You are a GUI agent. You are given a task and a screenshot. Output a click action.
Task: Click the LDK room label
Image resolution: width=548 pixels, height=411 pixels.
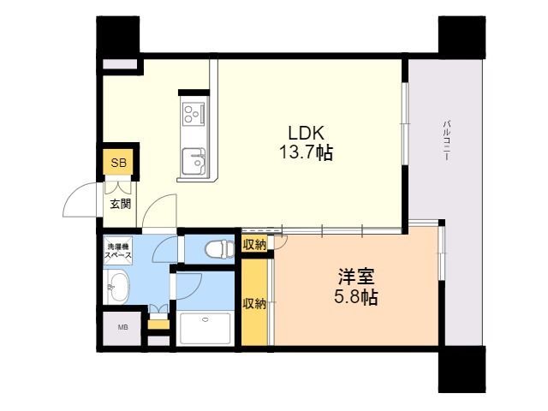[307, 133]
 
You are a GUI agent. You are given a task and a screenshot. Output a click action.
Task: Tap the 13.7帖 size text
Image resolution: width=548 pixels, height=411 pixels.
[306, 152]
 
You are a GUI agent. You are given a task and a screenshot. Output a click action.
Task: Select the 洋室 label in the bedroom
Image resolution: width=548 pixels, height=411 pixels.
[356, 277]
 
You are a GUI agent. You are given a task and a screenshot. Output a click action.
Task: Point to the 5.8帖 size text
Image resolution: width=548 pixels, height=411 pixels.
[356, 297]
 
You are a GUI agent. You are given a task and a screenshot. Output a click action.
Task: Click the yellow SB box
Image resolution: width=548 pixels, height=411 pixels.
[118, 163]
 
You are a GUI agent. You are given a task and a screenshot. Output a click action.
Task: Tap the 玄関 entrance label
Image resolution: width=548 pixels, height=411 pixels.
[121, 204]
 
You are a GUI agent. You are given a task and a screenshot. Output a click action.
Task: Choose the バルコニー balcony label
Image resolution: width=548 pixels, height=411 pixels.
[445, 140]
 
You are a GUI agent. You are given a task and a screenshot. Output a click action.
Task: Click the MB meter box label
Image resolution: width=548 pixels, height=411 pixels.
[122, 327]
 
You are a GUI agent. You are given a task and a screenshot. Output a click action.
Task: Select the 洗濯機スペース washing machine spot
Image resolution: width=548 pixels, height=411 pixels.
[118, 250]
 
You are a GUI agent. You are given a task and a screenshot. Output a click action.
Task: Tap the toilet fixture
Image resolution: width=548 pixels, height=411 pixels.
[219, 249]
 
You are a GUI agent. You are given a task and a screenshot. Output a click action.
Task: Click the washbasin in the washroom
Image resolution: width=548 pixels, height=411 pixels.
[117, 288]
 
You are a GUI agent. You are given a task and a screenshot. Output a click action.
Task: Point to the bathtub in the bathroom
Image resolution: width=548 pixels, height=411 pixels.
[205, 329]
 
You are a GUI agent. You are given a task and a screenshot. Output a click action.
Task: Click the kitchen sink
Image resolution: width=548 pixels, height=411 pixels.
[194, 161]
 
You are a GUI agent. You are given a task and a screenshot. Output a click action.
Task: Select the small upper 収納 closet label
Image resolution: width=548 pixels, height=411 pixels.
[255, 245]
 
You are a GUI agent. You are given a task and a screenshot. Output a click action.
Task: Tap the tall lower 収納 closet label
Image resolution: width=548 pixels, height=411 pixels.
[255, 303]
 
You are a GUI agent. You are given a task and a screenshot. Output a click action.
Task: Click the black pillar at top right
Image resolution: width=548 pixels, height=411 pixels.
[462, 38]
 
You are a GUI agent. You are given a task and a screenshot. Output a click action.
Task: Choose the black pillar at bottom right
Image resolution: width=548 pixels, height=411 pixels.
[462, 369]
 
